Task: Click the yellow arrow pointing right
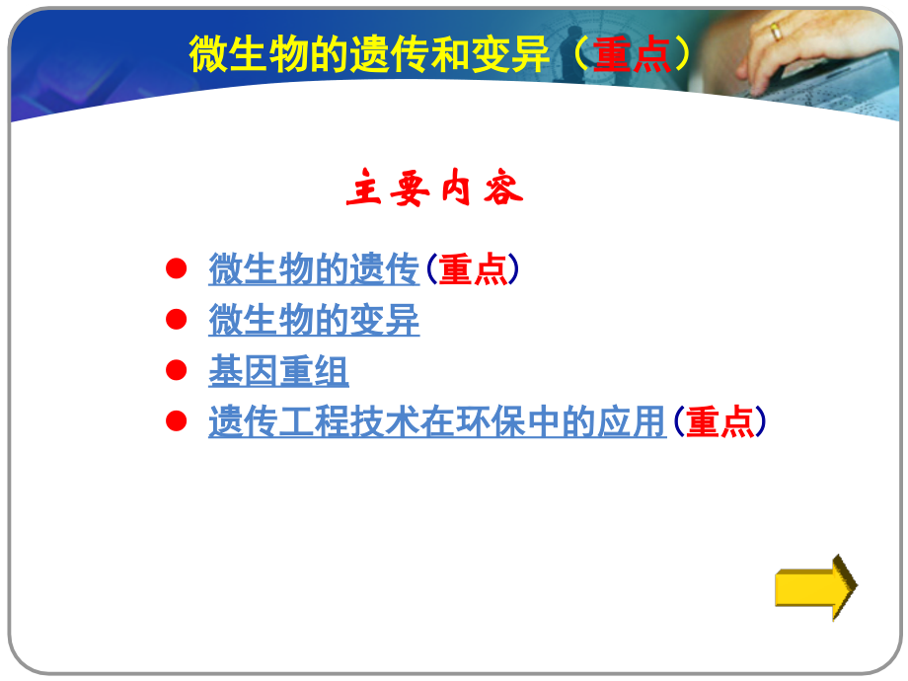point(815,587)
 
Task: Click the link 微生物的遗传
point(314,269)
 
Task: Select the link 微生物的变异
point(314,321)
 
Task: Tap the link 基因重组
point(278,372)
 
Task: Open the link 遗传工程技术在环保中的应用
point(437,422)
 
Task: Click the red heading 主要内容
point(434,190)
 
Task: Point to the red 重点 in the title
point(632,55)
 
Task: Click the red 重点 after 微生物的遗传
point(472,269)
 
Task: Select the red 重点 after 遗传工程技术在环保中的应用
point(719,422)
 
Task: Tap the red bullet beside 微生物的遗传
point(176,268)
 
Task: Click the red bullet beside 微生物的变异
point(176,319)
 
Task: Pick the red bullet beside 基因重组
point(176,370)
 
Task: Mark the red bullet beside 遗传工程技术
point(176,421)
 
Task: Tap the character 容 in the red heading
point(503,190)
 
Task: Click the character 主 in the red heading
point(363,190)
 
